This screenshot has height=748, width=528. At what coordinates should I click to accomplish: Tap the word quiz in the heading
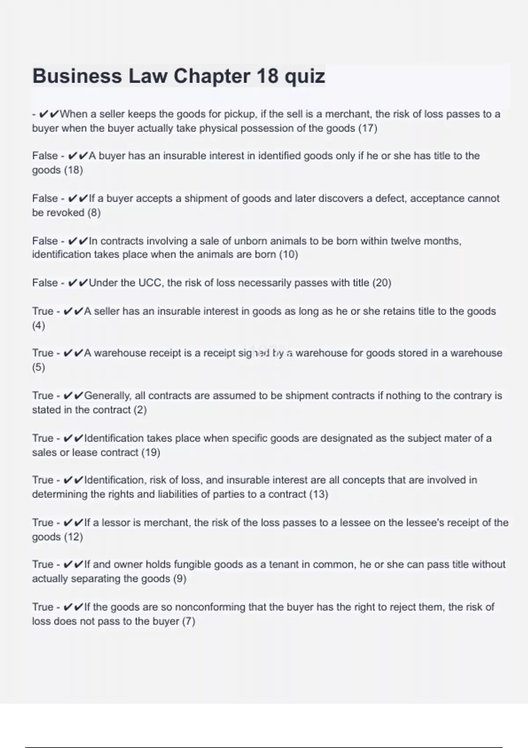point(304,76)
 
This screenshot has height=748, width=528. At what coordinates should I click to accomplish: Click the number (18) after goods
point(73,170)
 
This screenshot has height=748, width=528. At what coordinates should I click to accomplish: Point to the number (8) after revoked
point(94,213)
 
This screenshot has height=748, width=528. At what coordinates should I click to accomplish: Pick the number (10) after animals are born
point(288,254)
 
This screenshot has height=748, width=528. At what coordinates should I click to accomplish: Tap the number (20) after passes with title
point(381,282)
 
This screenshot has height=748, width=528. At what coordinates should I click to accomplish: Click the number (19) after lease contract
point(150,452)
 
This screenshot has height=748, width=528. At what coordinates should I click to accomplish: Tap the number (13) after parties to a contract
point(319,494)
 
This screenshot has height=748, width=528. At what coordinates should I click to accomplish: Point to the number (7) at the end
point(188,621)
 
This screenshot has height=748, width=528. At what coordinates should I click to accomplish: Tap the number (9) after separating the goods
point(180,579)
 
